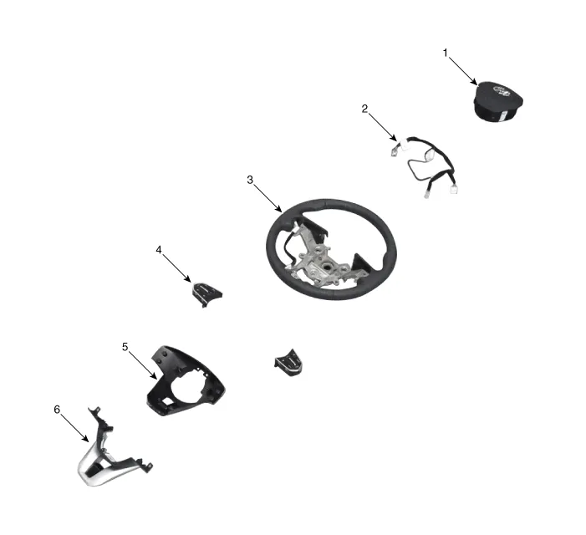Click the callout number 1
446,53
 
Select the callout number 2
364,109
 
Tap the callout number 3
250,180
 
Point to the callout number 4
159,249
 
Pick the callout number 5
125,345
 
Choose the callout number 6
57,410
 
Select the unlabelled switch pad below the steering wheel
288,362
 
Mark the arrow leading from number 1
462,70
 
